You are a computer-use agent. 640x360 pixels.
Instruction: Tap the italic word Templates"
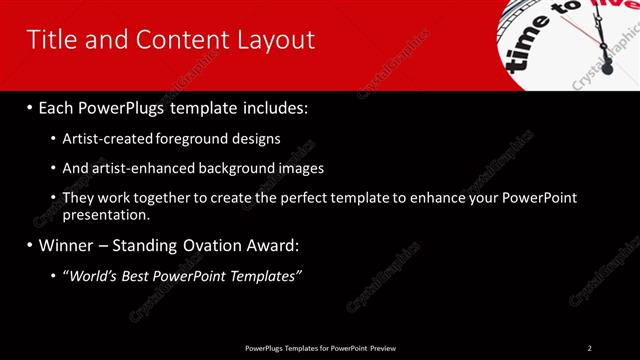[x=265, y=275]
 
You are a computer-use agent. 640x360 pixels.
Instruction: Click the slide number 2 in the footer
[x=589, y=347]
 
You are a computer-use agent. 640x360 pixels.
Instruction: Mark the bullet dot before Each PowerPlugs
[x=31, y=106]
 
